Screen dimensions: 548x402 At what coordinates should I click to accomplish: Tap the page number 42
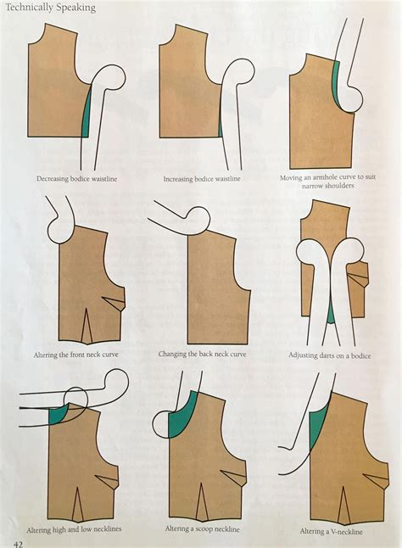click(16, 540)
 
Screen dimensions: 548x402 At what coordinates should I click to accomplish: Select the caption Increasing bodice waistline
click(202, 180)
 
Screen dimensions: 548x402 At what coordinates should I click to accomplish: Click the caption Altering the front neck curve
click(74, 354)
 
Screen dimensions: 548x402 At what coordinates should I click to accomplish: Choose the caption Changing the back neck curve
click(202, 354)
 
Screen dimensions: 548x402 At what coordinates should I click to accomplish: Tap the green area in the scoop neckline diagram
click(181, 419)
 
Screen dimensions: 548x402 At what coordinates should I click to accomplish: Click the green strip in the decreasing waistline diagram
click(86, 115)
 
